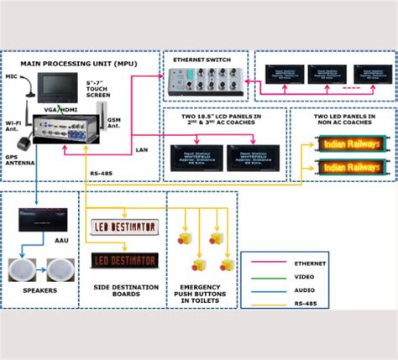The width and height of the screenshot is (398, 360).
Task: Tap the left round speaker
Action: click(27, 270)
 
